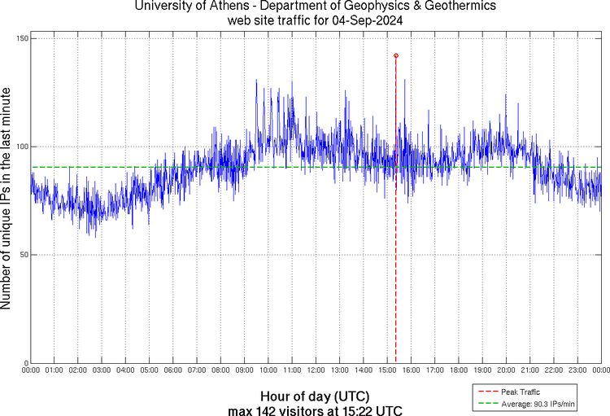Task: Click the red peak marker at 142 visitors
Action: click(395, 55)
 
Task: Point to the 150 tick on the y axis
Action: click(22, 39)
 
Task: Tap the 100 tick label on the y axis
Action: click(22, 147)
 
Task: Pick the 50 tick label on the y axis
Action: click(24, 255)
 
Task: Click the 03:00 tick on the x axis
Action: click(102, 370)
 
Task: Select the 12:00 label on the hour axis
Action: click(316, 370)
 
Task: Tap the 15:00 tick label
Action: click(387, 370)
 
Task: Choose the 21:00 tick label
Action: click(529, 370)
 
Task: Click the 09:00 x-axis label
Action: click(244, 370)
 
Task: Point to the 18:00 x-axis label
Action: click(458, 370)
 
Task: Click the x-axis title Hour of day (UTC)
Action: click(316, 396)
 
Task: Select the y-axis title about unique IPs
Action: click(7, 200)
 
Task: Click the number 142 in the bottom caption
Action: click(268, 409)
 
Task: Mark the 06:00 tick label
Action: click(173, 370)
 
